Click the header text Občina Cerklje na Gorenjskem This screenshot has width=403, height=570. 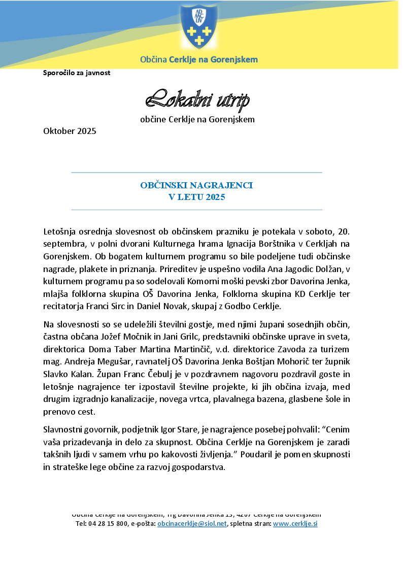coord(199,60)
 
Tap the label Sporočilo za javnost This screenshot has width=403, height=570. coord(77,73)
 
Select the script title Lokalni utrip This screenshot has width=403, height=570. coord(197,100)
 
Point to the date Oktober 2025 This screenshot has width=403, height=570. coord(70,131)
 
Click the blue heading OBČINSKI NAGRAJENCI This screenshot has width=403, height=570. coord(196,186)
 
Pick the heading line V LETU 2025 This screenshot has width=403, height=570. coord(196,197)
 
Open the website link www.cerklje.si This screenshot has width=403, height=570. coord(295,524)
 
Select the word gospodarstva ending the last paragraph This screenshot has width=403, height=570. coord(198,467)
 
